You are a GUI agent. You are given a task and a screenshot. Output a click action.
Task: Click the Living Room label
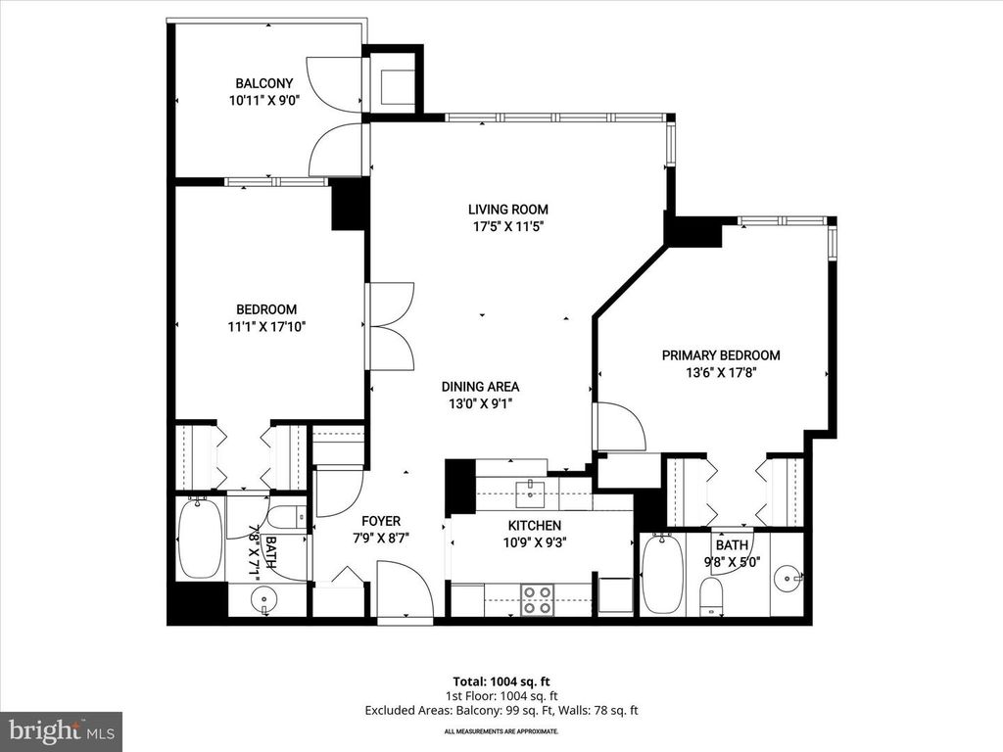507,209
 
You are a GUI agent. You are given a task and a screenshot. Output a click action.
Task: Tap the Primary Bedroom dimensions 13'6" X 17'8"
720,372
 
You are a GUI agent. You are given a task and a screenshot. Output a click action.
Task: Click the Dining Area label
480,386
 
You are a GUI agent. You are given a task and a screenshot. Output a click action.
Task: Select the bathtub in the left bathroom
200,539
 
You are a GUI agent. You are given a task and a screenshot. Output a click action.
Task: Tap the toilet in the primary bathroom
712,595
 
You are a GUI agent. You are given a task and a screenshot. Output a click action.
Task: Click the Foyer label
380,521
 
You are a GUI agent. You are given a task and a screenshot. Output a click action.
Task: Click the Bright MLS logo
61,730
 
